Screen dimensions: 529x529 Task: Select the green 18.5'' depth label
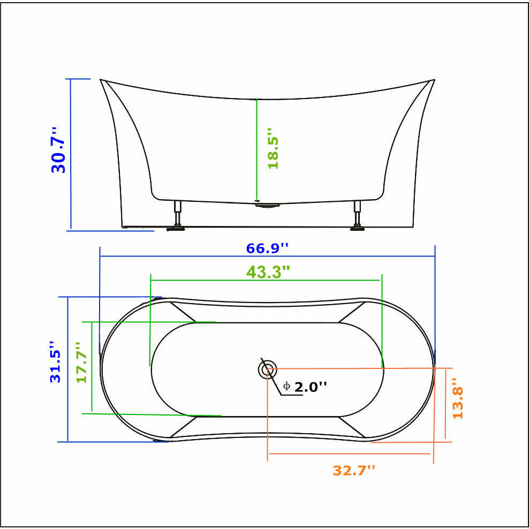coord(273,148)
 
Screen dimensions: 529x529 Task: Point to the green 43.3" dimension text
coord(268,272)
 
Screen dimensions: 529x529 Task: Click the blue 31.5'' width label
coord(56,361)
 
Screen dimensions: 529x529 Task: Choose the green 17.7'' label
coord(81,362)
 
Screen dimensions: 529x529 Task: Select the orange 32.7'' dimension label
coord(354,470)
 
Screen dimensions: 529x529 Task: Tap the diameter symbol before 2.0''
coord(287,387)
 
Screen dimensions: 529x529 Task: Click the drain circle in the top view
coord(267,369)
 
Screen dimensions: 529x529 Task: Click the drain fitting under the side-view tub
coord(268,204)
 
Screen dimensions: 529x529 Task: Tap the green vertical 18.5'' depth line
coord(257,150)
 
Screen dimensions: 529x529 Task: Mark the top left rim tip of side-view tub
coord(101,80)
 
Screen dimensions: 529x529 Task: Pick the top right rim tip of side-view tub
coord(434,80)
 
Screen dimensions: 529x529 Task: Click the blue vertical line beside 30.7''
coord(71,154)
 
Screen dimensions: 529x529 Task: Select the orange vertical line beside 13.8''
coord(446,404)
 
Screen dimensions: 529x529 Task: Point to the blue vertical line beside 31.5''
coord(67,369)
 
